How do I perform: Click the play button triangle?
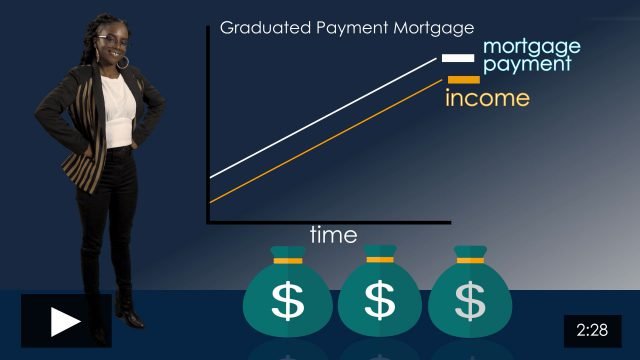(66, 321)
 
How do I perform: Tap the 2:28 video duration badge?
(592, 329)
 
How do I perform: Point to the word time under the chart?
(333, 235)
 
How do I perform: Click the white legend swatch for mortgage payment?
(458, 58)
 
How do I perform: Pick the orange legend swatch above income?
(463, 80)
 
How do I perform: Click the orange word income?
(486, 98)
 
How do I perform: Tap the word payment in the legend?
(527, 64)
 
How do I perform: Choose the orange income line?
(320, 142)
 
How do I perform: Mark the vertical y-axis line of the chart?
(206, 130)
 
